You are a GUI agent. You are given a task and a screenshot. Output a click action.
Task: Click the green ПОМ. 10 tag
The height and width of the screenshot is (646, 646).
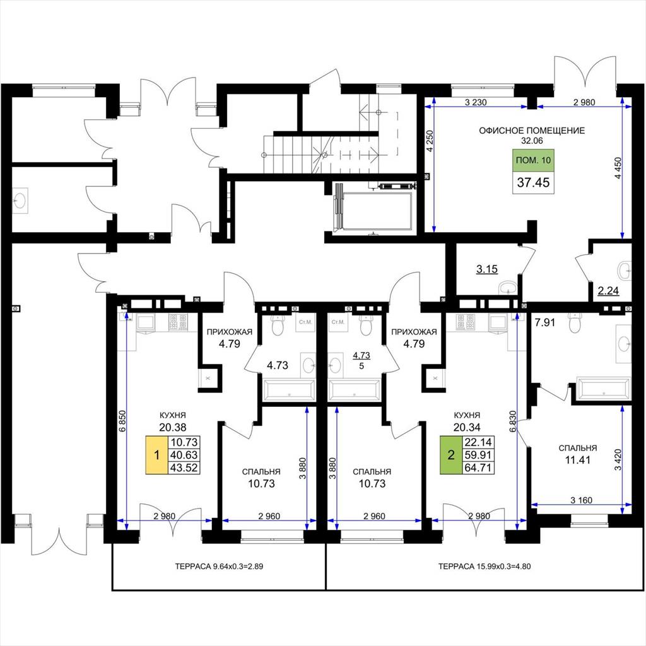[x=533, y=160]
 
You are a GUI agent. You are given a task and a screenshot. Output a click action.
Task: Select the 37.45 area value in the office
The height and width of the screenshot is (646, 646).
[x=533, y=182]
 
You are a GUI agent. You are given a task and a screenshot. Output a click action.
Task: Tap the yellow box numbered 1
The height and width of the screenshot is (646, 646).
[x=156, y=455]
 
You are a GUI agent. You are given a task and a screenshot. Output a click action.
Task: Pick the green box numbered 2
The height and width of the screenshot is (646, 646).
[x=451, y=455]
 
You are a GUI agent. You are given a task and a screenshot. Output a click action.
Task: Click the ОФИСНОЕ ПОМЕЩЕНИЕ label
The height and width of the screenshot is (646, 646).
[x=531, y=131]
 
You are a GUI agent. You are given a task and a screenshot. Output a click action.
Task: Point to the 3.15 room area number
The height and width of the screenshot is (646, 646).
[x=487, y=269]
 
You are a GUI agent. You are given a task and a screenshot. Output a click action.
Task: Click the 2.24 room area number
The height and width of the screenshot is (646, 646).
[x=608, y=290]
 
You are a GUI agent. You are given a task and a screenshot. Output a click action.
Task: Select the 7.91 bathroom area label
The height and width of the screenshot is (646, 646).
[x=544, y=322]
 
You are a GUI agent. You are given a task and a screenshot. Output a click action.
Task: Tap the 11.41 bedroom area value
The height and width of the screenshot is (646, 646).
[x=578, y=460]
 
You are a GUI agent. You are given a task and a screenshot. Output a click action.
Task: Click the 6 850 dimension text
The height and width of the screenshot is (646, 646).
[x=122, y=421]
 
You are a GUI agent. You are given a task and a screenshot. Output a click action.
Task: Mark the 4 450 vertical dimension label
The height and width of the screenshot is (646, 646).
[x=618, y=168]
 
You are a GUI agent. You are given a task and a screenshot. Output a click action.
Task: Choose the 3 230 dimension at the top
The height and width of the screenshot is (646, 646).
[x=476, y=102]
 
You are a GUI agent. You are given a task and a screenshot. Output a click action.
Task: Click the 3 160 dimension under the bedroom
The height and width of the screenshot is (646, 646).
[x=581, y=500]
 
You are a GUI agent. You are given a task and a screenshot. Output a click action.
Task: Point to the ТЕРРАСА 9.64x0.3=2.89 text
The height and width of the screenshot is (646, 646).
[x=219, y=567]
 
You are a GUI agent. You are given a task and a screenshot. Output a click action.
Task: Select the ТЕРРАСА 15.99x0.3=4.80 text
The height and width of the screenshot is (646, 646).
[x=484, y=567]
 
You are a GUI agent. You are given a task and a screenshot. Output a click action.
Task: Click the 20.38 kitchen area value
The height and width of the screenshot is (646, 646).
[x=173, y=427]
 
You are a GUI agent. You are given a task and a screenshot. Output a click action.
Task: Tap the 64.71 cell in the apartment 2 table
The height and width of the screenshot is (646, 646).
[x=478, y=467]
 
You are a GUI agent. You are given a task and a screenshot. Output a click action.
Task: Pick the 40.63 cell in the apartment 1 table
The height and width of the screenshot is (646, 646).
[x=184, y=455]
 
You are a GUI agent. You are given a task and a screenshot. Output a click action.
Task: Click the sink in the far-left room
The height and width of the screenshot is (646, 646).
[x=20, y=201]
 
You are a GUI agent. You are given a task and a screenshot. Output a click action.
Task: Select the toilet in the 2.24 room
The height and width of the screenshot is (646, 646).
[x=624, y=271]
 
